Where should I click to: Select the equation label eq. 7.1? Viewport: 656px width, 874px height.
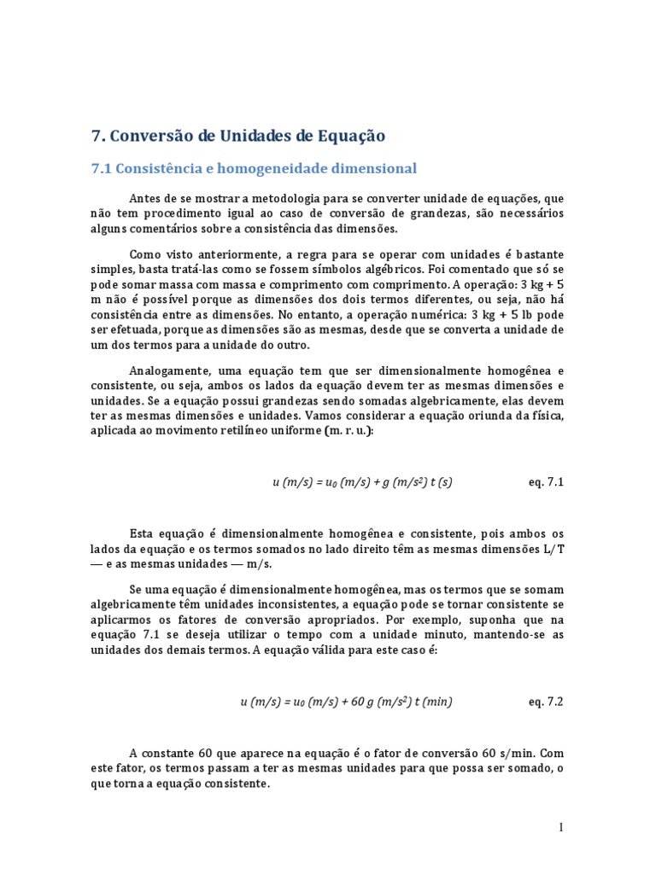coord(547,482)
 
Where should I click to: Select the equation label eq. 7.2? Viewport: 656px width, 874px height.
coord(547,702)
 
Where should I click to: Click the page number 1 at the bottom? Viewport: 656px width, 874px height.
coord(561,827)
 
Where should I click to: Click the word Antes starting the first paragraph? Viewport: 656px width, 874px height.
coord(145,198)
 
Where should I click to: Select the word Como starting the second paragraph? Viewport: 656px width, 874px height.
coord(144,254)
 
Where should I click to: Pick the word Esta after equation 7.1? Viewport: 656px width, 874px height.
coord(143,533)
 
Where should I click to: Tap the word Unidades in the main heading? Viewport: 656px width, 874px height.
coord(253,136)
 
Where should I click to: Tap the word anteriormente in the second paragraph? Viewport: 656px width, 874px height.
coord(217,254)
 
